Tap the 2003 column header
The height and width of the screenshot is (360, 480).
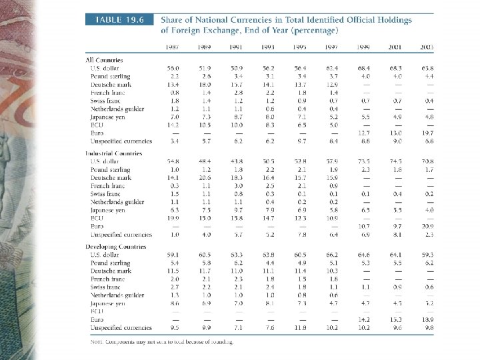tap(427, 47)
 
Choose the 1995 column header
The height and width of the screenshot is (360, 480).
tap(301, 47)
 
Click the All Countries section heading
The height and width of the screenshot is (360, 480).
tap(105, 61)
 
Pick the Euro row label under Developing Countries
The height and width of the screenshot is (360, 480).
tap(98, 320)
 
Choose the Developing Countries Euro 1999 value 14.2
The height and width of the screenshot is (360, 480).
tap(364, 320)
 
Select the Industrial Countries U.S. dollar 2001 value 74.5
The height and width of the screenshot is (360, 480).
tap(396, 162)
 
